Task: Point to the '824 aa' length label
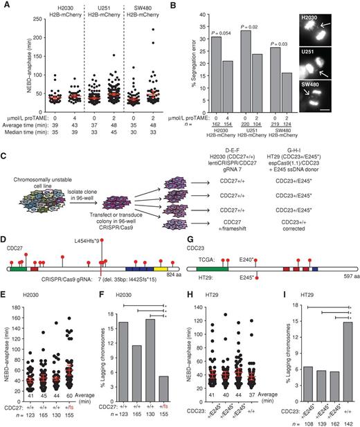click(x=173, y=274)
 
